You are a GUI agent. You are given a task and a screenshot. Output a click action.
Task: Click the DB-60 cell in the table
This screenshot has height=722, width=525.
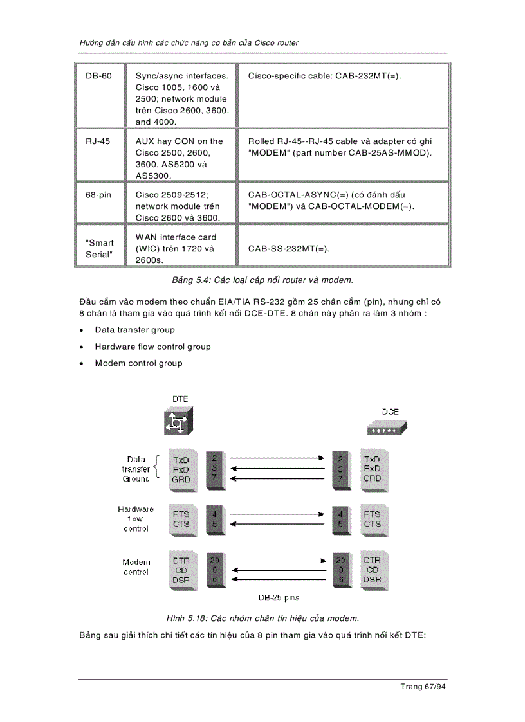pyautogui.click(x=98, y=76)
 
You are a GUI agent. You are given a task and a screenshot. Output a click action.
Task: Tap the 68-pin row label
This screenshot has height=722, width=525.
pyautogui.click(x=98, y=195)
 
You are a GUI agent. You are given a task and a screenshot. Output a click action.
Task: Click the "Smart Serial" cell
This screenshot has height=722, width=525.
pyautogui.click(x=100, y=249)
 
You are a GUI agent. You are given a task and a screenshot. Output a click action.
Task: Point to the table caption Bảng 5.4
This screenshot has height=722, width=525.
pyautogui.click(x=262, y=280)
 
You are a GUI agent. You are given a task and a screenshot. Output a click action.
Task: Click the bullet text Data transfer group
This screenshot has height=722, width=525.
pyautogui.click(x=134, y=330)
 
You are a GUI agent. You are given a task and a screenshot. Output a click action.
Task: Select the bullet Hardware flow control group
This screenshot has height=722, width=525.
pyautogui.click(x=152, y=347)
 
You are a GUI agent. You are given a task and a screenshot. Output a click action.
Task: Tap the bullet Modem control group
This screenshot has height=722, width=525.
pyautogui.click(x=138, y=363)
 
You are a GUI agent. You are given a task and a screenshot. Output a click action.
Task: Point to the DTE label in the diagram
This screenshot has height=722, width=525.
pyautogui.click(x=180, y=399)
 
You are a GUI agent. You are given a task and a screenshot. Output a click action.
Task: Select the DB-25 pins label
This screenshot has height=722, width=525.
pyautogui.click(x=279, y=598)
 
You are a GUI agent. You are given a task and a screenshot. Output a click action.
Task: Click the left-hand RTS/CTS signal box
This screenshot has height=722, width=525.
pyautogui.click(x=180, y=519)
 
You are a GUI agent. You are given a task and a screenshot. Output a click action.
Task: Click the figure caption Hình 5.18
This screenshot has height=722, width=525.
pyautogui.click(x=262, y=618)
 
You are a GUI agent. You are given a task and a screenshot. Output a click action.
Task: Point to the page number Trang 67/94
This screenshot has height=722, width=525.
pyautogui.click(x=423, y=687)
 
